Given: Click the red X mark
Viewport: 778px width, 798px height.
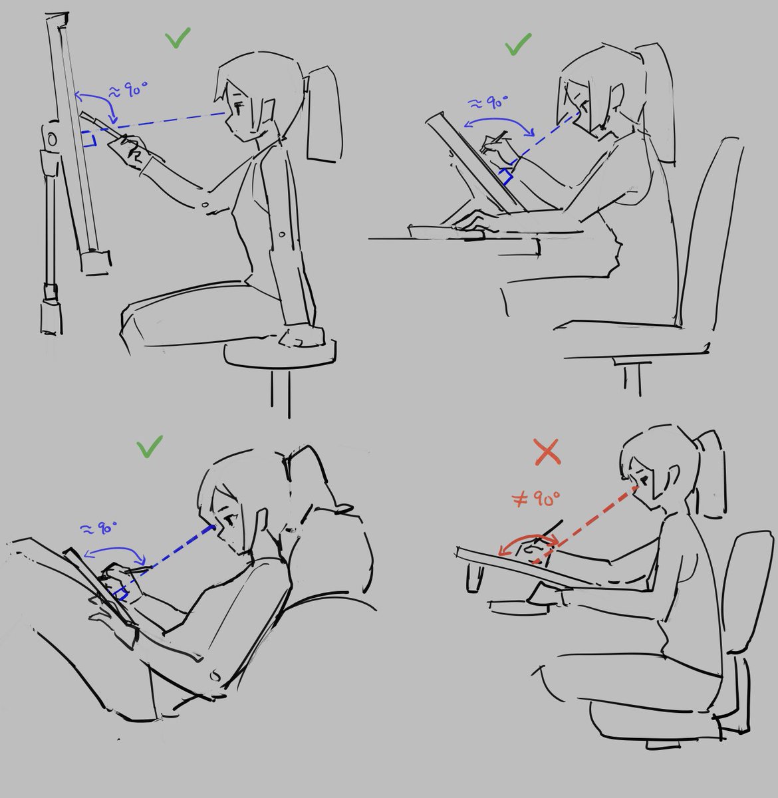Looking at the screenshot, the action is (547, 452).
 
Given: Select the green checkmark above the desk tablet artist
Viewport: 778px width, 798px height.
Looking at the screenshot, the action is (517, 45).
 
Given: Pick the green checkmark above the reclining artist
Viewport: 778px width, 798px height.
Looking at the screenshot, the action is (150, 446).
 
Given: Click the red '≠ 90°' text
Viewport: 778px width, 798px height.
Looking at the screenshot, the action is (536, 498).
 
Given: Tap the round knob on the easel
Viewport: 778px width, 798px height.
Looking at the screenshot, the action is (52, 140).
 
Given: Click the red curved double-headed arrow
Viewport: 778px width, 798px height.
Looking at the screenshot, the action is (527, 537).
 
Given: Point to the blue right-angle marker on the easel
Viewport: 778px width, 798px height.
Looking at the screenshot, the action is (89, 138).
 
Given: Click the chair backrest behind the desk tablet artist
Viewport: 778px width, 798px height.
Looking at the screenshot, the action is (706, 229).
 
